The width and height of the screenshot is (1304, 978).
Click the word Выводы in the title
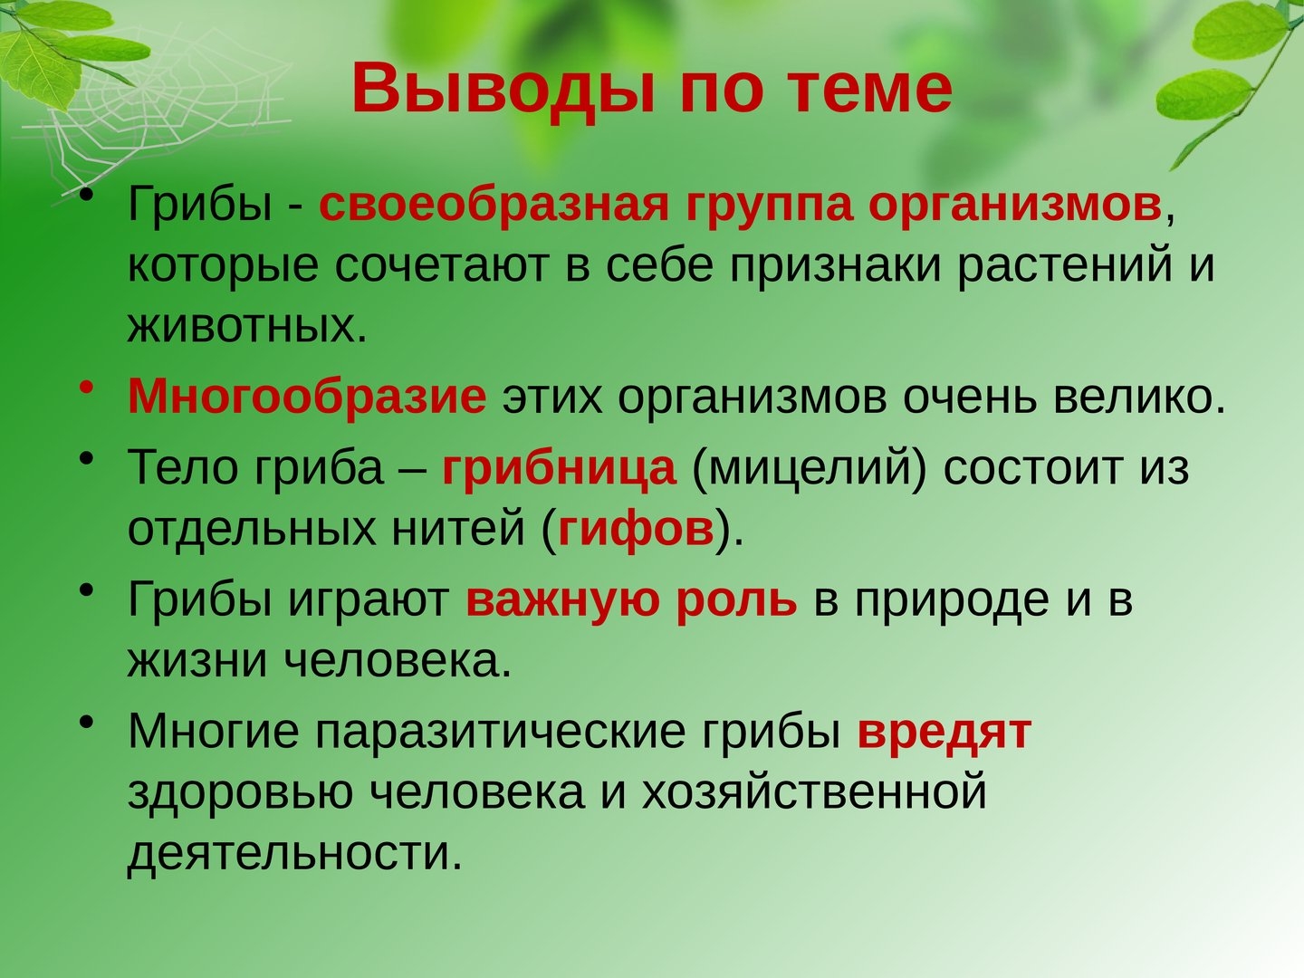(503, 89)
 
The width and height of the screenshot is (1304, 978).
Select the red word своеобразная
(494, 206)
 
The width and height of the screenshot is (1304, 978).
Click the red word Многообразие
(307, 397)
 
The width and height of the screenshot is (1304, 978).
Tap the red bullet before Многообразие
(87, 388)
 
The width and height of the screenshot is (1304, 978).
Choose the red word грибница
(559, 469)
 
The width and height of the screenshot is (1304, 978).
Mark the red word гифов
(636, 530)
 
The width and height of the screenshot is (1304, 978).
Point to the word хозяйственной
(814, 792)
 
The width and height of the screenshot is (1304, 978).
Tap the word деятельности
(294, 854)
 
